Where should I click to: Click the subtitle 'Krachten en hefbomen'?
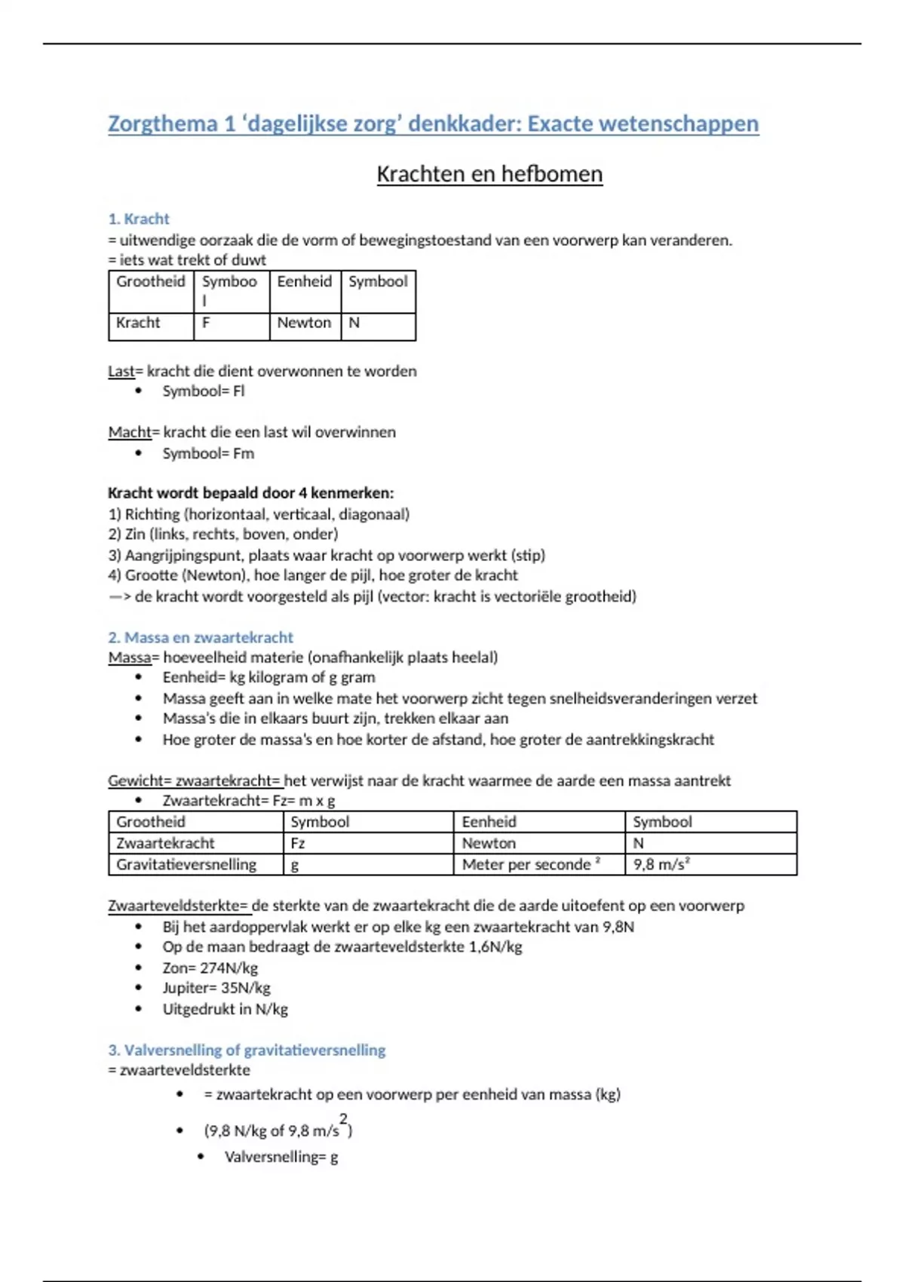(x=489, y=174)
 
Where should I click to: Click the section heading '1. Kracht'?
(x=139, y=219)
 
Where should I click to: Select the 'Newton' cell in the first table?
(x=304, y=323)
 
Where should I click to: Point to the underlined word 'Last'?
(x=121, y=371)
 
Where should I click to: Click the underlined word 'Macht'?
(x=129, y=432)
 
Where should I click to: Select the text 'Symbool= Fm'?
(x=208, y=453)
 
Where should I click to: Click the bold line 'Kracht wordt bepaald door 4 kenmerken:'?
(x=250, y=493)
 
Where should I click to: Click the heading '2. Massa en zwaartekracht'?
(x=201, y=637)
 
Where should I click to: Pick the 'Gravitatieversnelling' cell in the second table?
(x=186, y=864)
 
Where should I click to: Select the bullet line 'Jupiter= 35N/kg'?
(x=216, y=988)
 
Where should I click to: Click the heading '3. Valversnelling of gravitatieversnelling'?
(x=247, y=1050)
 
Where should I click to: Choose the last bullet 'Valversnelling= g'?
(x=281, y=1157)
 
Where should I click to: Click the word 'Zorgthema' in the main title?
(x=163, y=124)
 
